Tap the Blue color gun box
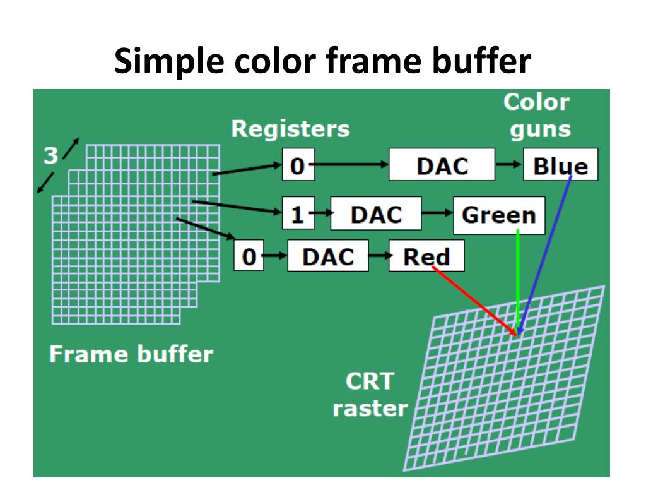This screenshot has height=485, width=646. pyautogui.click(x=560, y=165)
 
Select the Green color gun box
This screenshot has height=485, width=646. pyautogui.click(x=498, y=215)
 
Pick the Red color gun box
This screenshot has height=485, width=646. pyautogui.click(x=426, y=256)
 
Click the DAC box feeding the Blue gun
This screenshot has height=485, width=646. pyautogui.click(x=442, y=165)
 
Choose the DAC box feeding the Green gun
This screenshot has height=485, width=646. pyautogui.click(x=376, y=215)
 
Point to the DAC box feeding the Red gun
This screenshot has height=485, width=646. pyautogui.click(x=327, y=256)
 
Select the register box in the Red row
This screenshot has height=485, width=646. pyautogui.click(x=249, y=257)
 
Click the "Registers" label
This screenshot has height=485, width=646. pyautogui.click(x=290, y=129)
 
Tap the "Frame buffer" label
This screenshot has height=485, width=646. pyautogui.click(x=131, y=354)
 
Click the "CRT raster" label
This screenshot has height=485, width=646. pyautogui.click(x=370, y=395)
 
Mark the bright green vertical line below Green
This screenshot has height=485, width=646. pyautogui.click(x=517, y=278)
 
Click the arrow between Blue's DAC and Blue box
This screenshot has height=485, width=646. pyautogui.click(x=508, y=165)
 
